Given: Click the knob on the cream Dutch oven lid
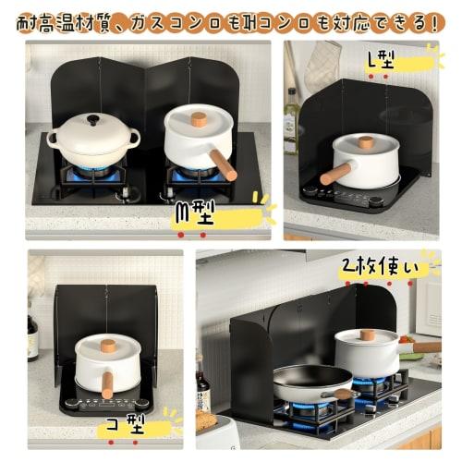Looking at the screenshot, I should (92, 120).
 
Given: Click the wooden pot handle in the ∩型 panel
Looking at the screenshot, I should (223, 164).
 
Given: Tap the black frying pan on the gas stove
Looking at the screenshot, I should (310, 381).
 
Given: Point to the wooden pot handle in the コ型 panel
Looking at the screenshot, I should (107, 383).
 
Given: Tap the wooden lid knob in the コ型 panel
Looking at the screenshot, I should (107, 345).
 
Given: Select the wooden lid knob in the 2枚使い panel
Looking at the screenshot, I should (367, 334).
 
